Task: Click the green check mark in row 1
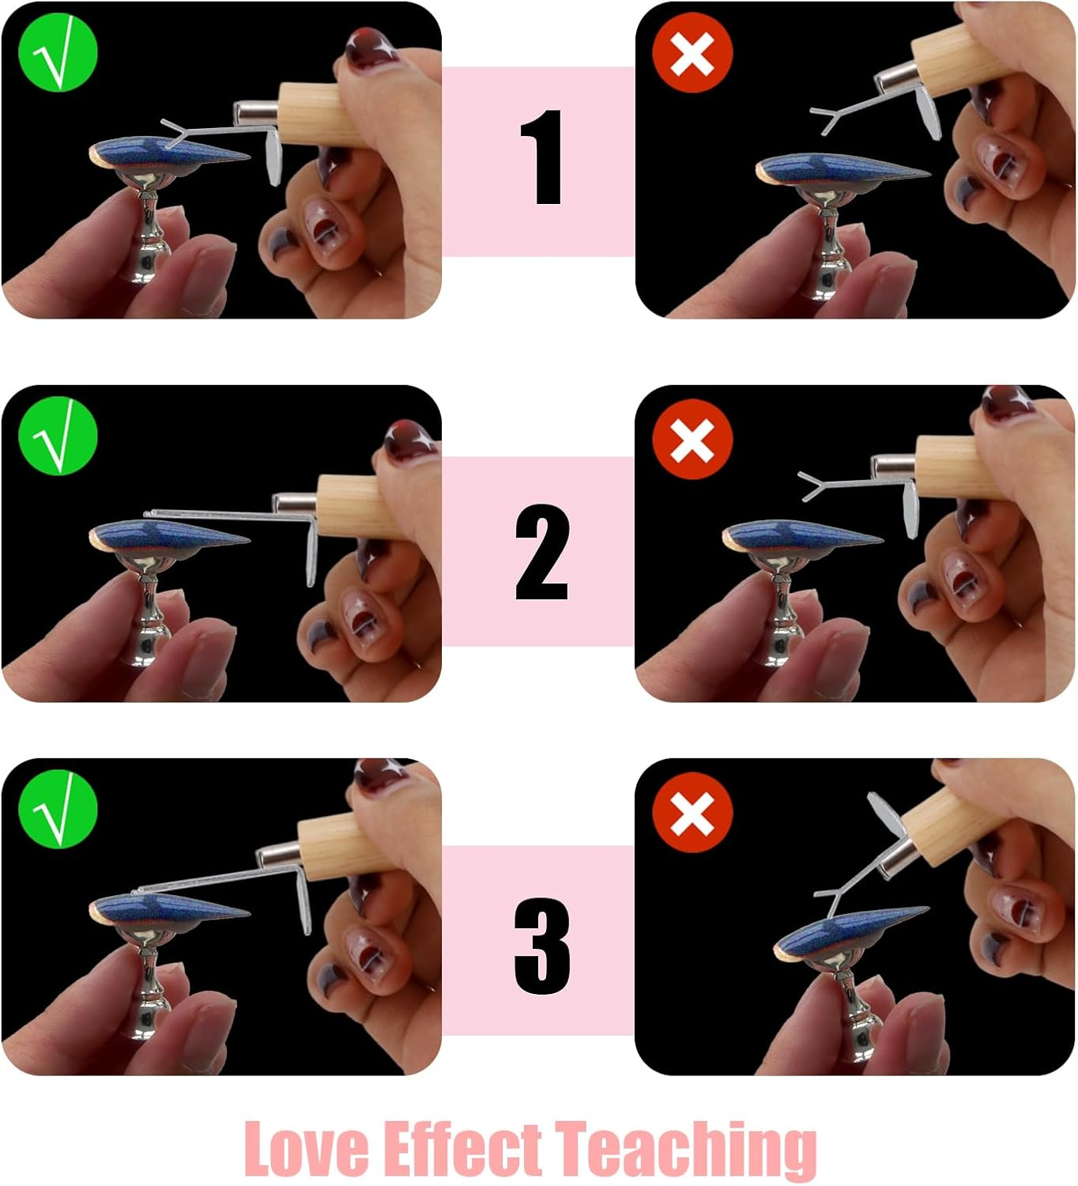pyautogui.click(x=57, y=53)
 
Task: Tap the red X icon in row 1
pyautogui.click(x=692, y=53)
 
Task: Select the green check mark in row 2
pyautogui.click(x=57, y=436)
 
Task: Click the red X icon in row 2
pyautogui.click(x=692, y=439)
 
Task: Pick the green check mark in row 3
pyautogui.click(x=57, y=810)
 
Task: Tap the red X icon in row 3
pyautogui.click(x=692, y=813)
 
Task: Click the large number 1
pyautogui.click(x=541, y=157)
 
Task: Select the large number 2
pyautogui.click(x=541, y=552)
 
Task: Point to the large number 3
pyautogui.click(x=542, y=946)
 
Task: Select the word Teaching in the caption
pyautogui.click(x=685, y=1148)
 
